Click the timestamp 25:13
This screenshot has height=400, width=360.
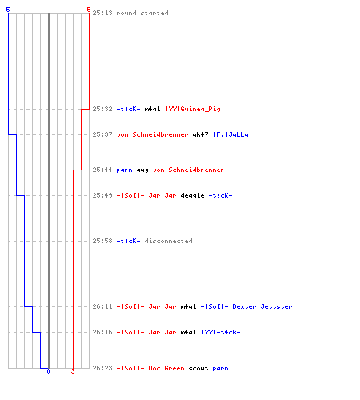(x=102, y=13)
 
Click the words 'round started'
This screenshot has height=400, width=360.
(x=142, y=13)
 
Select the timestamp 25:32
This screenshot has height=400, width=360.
(x=102, y=109)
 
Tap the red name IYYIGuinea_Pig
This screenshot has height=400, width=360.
(x=193, y=109)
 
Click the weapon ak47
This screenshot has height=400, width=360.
(x=200, y=134)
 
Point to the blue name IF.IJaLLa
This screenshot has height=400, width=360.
(x=231, y=134)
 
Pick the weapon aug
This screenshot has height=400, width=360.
(x=142, y=170)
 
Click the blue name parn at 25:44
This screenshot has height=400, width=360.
(x=124, y=170)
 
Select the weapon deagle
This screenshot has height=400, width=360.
(x=192, y=196)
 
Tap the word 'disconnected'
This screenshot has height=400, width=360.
(x=168, y=241)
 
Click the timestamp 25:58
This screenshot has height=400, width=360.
(x=102, y=241)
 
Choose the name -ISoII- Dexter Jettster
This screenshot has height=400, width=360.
(x=246, y=306)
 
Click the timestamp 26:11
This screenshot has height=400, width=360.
(x=102, y=306)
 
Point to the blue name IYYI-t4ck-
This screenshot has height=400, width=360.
(x=221, y=332)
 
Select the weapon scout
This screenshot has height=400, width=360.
(x=198, y=368)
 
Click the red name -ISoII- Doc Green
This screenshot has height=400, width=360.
(x=150, y=368)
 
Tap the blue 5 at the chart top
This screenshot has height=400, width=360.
(x=8, y=10)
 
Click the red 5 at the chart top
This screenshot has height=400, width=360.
(x=89, y=10)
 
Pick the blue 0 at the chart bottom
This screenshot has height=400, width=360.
(x=48, y=371)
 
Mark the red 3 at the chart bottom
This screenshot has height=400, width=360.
(x=73, y=371)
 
